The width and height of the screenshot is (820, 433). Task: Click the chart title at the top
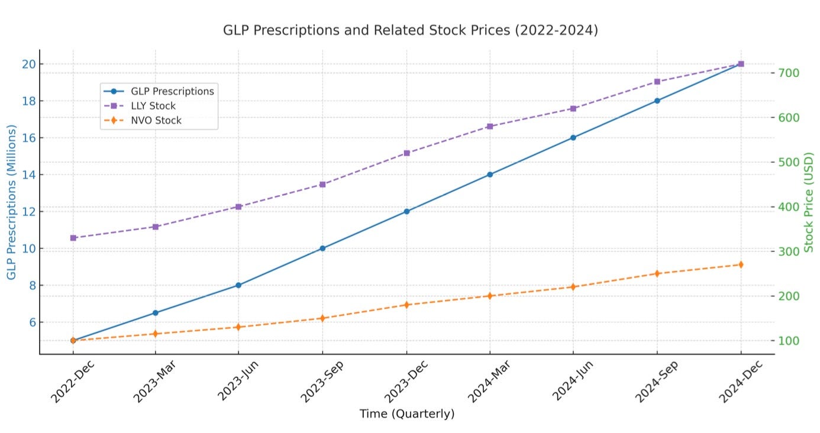[411, 30]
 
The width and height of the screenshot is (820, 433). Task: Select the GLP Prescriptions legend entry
[159, 91]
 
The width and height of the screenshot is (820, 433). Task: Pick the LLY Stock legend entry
[140, 106]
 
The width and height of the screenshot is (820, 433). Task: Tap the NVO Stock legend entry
[143, 121]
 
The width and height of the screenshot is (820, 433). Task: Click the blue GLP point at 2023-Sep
[322, 248]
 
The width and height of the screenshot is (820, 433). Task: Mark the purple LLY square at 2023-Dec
[406, 153]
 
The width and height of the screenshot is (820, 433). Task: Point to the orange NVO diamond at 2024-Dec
[741, 264]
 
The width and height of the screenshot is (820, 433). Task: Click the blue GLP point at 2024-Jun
[573, 138]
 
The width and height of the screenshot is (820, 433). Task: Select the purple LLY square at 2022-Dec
[73, 238]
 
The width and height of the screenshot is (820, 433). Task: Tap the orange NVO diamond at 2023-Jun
[238, 327]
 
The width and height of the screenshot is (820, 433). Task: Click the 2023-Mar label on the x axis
[154, 382]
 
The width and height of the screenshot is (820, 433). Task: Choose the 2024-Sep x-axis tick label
[656, 382]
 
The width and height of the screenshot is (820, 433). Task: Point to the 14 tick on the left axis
[29, 175]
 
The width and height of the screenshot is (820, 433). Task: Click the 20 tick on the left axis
[29, 64]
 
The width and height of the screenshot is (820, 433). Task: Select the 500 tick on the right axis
[789, 162]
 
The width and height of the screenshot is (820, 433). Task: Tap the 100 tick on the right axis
[789, 341]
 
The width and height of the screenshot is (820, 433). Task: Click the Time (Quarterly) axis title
[407, 413]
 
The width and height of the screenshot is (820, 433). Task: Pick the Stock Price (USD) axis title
[808, 202]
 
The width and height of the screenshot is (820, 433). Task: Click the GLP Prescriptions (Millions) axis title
[11, 202]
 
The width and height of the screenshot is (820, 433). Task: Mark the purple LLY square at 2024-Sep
[657, 82]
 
